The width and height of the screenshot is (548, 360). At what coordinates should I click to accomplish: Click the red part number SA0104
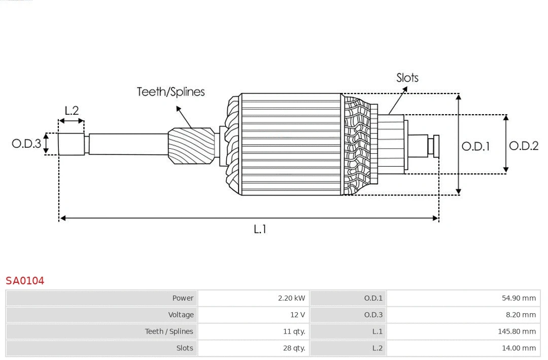pos(25,280)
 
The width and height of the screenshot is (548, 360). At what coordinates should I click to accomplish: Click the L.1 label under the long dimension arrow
pos(260,229)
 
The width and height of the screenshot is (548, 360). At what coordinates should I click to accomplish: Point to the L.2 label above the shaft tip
pos(72,110)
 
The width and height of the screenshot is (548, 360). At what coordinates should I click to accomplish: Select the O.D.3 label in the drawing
pos(26,144)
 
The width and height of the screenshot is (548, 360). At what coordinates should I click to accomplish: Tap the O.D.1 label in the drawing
pos(475,146)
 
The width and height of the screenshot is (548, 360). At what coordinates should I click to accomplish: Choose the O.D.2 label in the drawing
pos(524,146)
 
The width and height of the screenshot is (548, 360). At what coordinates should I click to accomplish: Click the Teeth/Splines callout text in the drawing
pos(170,92)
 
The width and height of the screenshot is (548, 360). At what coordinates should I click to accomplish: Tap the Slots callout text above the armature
pos(407,78)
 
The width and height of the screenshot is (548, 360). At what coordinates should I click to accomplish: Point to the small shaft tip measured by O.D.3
pos(71,144)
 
